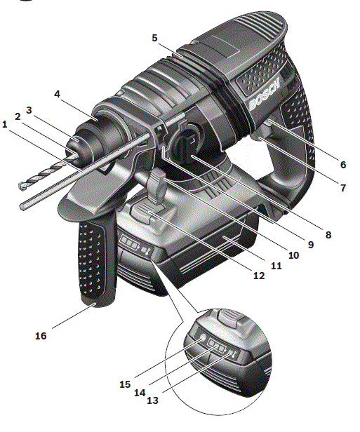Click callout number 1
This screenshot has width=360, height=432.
(x=4, y=124)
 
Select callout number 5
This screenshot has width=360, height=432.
(x=154, y=38)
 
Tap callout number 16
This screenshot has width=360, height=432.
(x=41, y=336)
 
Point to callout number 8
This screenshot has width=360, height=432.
(x=328, y=235)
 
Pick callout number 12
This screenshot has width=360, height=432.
(x=259, y=276)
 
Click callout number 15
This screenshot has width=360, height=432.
(x=125, y=384)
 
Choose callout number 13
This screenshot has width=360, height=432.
(x=152, y=400)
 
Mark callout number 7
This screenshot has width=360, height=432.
(x=343, y=188)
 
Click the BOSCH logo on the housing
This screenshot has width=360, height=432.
(x=265, y=94)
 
